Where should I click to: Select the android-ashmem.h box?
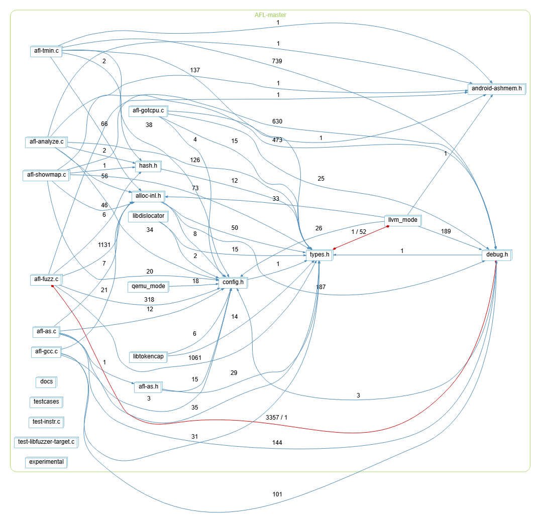pyautogui.click(x=496, y=89)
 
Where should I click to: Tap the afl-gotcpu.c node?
pyautogui.click(x=148, y=110)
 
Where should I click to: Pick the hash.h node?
pyautogui.click(x=148, y=165)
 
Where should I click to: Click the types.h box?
pyautogui.click(x=320, y=255)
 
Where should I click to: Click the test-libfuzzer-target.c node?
pyautogui.click(x=46, y=442)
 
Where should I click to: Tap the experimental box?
pyautogui.click(x=46, y=461)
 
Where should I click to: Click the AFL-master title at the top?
pyautogui.click(x=270, y=15)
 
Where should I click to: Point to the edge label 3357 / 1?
pyautogui.click(x=276, y=417)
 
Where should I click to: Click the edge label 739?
pyautogui.click(x=277, y=61)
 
